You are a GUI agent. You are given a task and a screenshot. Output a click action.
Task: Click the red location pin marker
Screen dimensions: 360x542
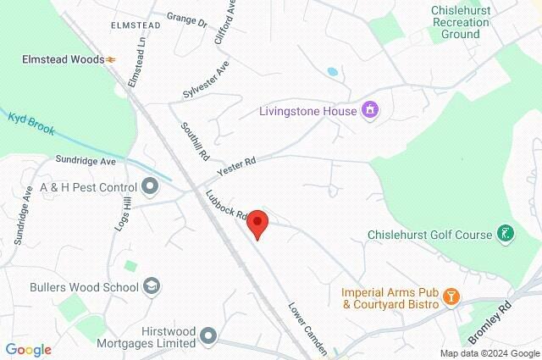(257, 224)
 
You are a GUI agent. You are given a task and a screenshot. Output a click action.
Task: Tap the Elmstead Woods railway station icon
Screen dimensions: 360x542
(111, 59)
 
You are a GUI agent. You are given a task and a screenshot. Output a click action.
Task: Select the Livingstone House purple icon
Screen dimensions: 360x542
(369, 110)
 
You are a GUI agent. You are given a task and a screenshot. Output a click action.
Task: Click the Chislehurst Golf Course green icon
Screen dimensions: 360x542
(506, 234)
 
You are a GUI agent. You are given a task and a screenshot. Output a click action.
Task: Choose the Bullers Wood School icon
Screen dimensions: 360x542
(152, 286)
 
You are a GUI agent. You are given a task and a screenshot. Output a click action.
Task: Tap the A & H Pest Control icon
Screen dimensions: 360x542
(150, 186)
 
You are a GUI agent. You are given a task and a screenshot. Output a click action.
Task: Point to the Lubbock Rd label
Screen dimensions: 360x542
(226, 205)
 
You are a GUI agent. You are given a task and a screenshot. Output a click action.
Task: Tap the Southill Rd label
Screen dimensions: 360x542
(194, 142)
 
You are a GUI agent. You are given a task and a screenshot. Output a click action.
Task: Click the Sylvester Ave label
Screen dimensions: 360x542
(206, 81)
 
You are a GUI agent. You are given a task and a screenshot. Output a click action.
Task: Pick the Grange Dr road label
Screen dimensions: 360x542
(187, 19)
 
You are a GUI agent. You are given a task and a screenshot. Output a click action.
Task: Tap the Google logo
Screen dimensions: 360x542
(29, 349)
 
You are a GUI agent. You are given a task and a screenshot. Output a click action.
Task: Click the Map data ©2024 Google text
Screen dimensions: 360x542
(489, 353)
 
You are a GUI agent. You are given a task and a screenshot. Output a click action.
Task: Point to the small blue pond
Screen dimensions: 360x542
(331, 72)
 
